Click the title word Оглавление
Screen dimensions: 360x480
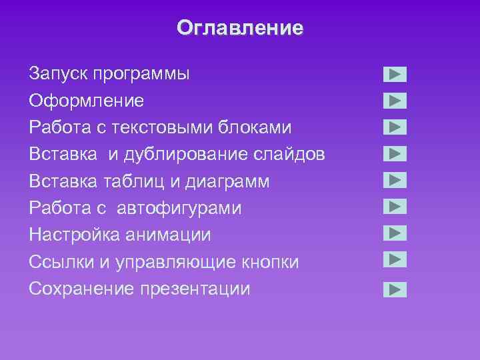pyautogui.click(x=240, y=28)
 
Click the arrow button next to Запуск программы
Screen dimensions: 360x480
pyautogui.click(x=395, y=74)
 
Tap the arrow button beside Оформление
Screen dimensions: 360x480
pyautogui.click(x=395, y=101)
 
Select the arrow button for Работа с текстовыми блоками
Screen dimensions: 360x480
pyautogui.click(x=395, y=127)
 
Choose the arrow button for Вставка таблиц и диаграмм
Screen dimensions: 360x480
pyautogui.click(x=395, y=180)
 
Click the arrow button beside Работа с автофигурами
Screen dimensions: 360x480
pyautogui.click(x=395, y=206)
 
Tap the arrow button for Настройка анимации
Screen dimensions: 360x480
pyautogui.click(x=395, y=233)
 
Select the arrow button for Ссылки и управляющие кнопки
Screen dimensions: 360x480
pyautogui.click(x=395, y=259)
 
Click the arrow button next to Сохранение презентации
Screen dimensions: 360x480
pyautogui.click(x=395, y=289)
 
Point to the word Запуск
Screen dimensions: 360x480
pyautogui.click(x=59, y=74)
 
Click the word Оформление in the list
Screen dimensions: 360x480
pyautogui.click(x=87, y=101)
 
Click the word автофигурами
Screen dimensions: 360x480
pyautogui.click(x=179, y=209)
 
